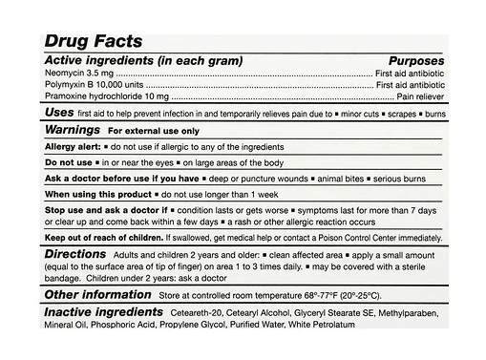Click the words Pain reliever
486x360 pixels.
click(x=419, y=97)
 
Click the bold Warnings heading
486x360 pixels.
click(x=74, y=129)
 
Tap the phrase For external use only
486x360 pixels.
click(x=154, y=130)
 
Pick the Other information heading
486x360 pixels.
click(x=96, y=295)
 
